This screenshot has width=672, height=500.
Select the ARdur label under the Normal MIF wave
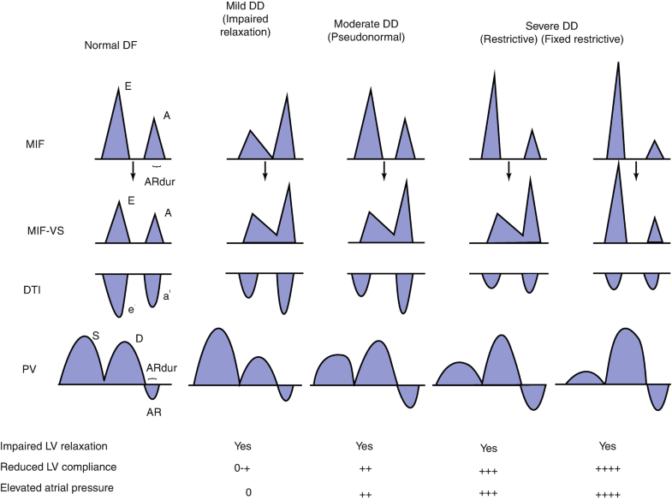(158, 181)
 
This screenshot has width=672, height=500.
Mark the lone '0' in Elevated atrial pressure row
(248, 491)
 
